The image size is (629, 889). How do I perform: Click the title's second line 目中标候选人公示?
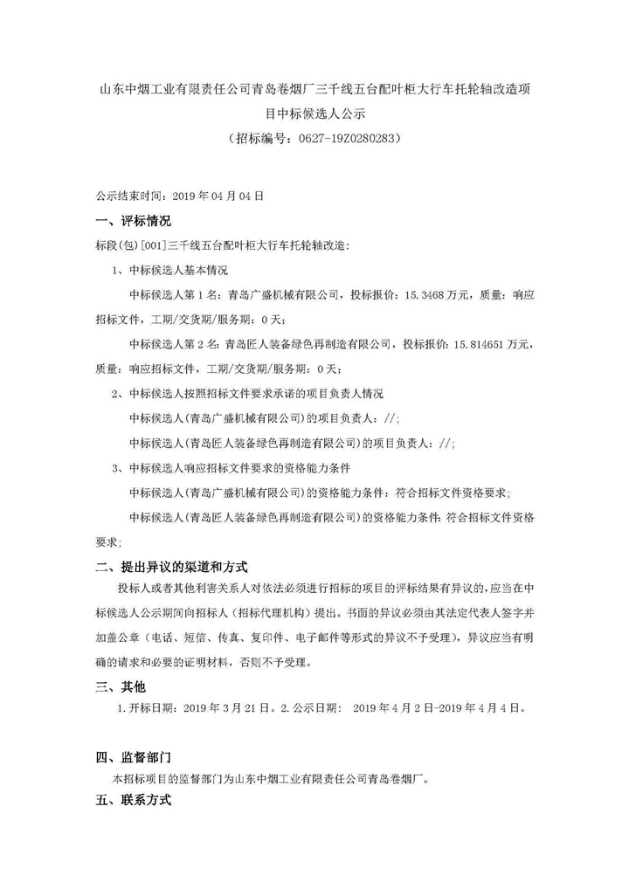click(314, 113)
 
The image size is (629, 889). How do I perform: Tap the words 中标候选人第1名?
click(169, 295)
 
